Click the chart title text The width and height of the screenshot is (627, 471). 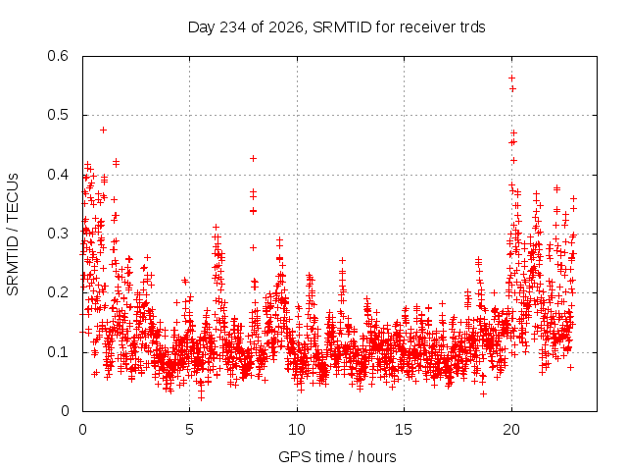pyautogui.click(x=337, y=27)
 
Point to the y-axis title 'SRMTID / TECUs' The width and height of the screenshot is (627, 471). pyautogui.click(x=13, y=235)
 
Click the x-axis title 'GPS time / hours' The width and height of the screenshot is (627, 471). pyautogui.click(x=337, y=456)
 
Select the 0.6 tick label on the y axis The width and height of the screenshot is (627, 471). pyautogui.click(x=58, y=56)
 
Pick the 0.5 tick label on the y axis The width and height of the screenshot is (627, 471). pyautogui.click(x=58, y=115)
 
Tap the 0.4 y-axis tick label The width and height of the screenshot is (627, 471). pyautogui.click(x=58, y=175)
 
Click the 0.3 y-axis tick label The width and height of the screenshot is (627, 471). pyautogui.click(x=58, y=234)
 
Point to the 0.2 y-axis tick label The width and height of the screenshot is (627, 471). pyautogui.click(x=58, y=292)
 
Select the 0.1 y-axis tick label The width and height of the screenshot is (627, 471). pyautogui.click(x=58, y=352)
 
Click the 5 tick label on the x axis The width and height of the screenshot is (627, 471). pyautogui.click(x=189, y=430)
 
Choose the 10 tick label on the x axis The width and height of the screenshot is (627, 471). pyautogui.click(x=297, y=430)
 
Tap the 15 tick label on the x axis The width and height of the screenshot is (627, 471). pyautogui.click(x=404, y=430)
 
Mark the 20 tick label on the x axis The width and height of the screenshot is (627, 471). pyautogui.click(x=511, y=430)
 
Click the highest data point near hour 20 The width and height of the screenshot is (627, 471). pyautogui.click(x=511, y=78)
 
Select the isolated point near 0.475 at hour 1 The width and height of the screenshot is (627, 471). pyautogui.click(x=103, y=130)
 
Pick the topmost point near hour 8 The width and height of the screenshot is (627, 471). pyautogui.click(x=253, y=159)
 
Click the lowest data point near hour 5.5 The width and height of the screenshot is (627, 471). pyautogui.click(x=201, y=397)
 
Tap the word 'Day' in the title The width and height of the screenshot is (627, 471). pyautogui.click(x=202, y=27)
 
